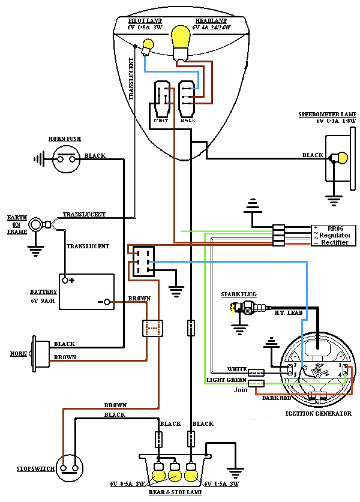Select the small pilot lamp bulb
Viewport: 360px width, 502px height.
147,44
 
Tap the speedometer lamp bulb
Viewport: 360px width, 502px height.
341,158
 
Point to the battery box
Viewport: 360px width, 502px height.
86,291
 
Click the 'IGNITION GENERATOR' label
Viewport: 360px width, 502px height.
318,414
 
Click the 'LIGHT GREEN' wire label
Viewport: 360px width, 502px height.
226,380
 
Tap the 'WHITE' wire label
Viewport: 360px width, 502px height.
236,369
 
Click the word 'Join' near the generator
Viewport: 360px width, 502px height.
241,390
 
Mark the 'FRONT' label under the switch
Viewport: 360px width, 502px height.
161,121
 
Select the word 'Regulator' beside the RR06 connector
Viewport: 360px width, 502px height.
334,235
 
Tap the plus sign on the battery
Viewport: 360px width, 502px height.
71,280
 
